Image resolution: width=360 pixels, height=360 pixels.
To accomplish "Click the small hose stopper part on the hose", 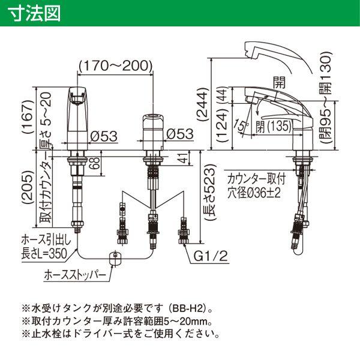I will pos(113,259).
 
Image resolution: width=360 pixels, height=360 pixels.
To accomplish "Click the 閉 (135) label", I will pos(270,126).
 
